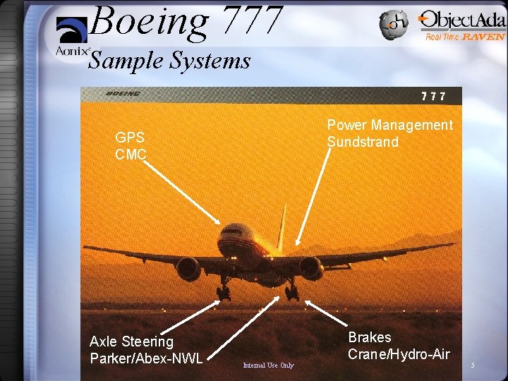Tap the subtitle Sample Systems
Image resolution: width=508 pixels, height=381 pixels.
169,61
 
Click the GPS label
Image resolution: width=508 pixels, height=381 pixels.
130,138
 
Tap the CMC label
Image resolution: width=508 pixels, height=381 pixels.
131,154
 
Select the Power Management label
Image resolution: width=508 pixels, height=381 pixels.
389,125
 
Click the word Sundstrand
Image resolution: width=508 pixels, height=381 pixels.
363,142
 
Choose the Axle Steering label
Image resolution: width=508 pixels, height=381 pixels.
131,341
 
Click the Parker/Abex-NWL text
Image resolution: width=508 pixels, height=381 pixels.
146,358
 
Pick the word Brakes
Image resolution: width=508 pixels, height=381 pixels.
370,337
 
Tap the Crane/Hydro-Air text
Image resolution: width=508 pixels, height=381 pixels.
399,353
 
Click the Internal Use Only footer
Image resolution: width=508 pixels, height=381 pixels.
268,365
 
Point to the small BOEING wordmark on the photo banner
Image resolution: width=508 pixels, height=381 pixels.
123,94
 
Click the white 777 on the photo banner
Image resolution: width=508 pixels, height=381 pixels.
433,96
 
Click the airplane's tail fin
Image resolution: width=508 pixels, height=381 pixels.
281,226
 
